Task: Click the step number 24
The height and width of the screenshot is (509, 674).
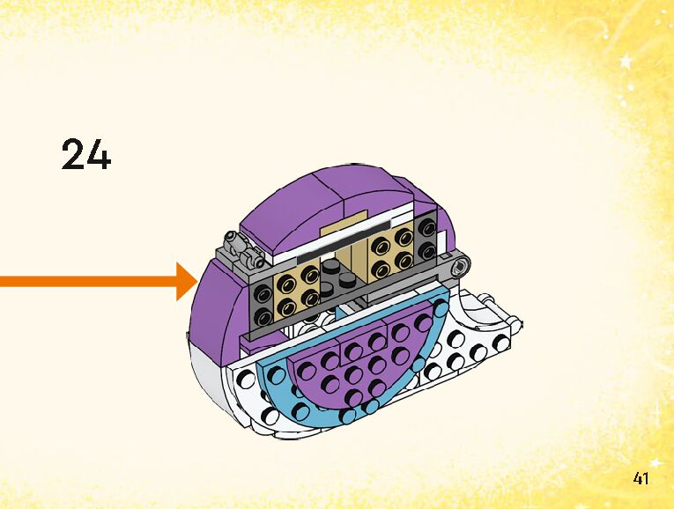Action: pos(86,154)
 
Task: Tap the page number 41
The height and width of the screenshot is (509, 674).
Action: pos(641,479)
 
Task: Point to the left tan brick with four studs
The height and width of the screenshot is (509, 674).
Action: pos(298,289)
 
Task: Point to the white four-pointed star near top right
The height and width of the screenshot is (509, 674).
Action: pos(627,62)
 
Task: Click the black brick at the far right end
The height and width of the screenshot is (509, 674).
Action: pos(426,235)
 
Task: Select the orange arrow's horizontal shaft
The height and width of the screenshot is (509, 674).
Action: pos(88,282)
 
